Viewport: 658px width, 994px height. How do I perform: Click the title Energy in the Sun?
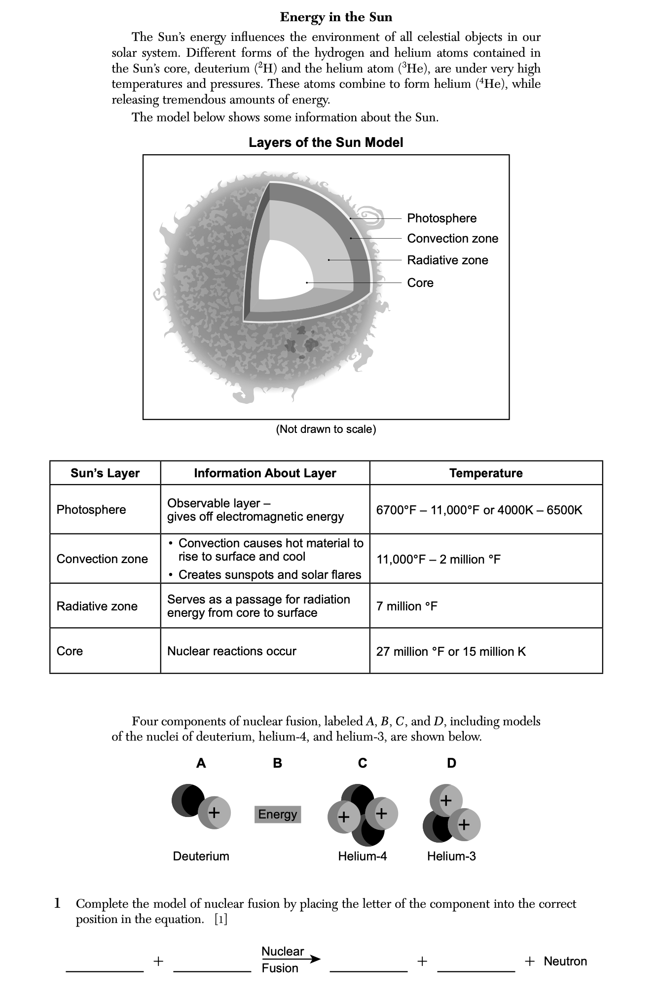336,17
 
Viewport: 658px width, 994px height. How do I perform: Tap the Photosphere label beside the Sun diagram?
441,218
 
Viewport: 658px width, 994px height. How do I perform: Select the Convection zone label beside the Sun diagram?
452,239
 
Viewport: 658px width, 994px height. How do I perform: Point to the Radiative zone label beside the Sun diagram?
447,260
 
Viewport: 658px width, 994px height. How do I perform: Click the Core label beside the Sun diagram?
420,283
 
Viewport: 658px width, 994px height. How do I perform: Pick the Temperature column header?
485,473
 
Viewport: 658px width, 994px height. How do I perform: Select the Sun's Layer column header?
105,473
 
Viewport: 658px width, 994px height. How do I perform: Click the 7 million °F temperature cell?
407,606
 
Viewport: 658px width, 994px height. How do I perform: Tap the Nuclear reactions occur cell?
232,651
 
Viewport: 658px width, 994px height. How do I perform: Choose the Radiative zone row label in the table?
97,606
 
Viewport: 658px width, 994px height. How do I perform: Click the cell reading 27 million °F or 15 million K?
451,652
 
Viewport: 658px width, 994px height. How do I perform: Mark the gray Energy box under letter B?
278,814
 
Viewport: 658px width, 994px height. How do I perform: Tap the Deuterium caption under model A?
201,856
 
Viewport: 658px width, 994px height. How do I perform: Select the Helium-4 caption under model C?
362,856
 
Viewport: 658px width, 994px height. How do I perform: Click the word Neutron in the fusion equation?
565,961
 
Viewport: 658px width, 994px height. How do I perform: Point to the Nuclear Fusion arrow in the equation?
291,959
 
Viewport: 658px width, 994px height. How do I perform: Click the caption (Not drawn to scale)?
326,429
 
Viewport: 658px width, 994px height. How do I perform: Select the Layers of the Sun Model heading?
326,143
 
